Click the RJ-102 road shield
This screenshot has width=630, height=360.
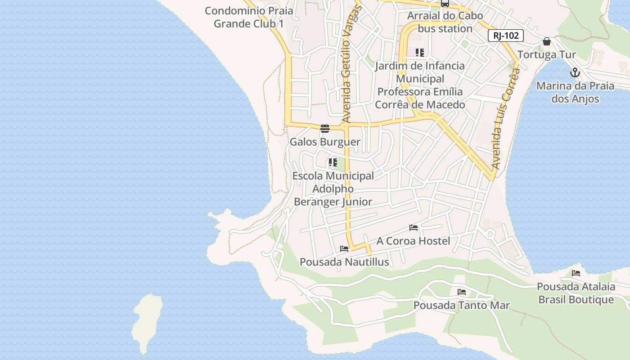[x=505, y=36]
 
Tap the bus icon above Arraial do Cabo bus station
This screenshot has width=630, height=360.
[x=445, y=4]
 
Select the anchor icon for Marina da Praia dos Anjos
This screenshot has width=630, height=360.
[x=575, y=72]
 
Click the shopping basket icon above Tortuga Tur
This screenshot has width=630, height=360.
[x=546, y=42]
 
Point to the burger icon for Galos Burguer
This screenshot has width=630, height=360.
[x=324, y=129]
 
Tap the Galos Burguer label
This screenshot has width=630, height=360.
[x=324, y=142]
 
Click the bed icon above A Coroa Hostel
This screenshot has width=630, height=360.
[x=413, y=228]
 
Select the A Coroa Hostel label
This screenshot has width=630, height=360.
[x=413, y=241]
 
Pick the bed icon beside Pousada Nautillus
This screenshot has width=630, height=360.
[x=344, y=249]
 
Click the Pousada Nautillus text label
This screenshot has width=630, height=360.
[x=344, y=262]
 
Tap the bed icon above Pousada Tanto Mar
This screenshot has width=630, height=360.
[x=461, y=292]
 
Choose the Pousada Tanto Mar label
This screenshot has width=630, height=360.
[x=461, y=306]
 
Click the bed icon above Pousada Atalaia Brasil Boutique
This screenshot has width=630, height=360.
[x=576, y=273]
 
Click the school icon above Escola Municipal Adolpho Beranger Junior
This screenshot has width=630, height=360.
[x=333, y=162]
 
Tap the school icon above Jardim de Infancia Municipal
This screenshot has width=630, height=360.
[x=419, y=53]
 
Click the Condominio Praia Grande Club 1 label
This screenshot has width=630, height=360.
[x=249, y=17]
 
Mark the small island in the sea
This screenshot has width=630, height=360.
[x=147, y=322]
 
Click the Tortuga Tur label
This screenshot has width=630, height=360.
[x=546, y=55]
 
